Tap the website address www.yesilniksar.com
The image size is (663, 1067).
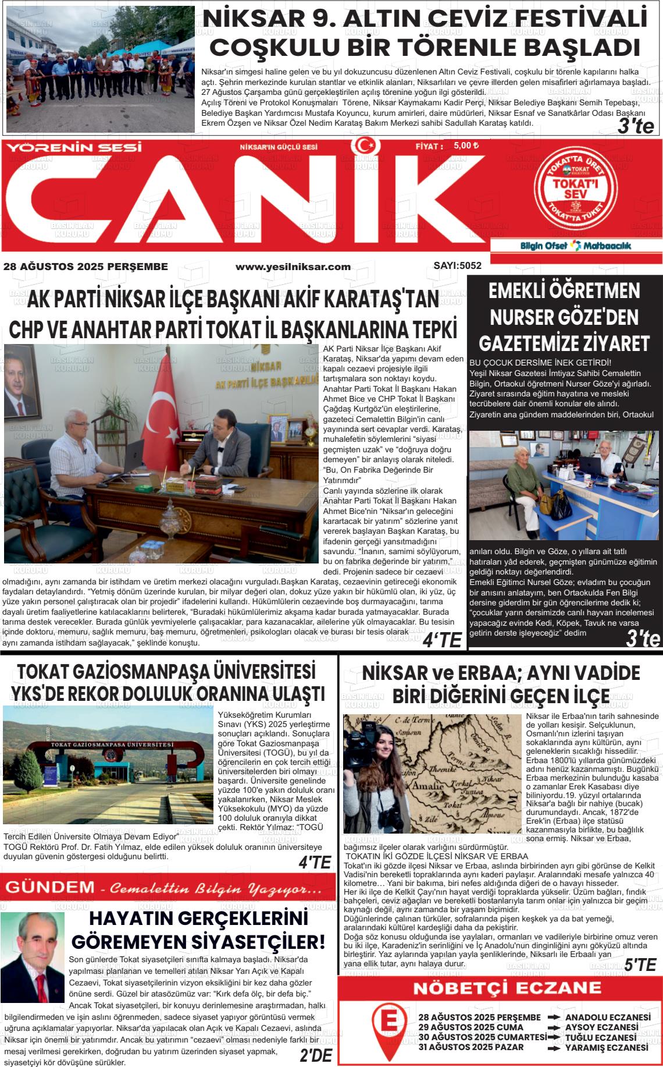(x=293, y=267)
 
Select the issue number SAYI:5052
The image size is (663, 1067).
(x=457, y=266)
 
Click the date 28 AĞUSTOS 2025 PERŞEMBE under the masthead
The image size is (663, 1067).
(x=85, y=267)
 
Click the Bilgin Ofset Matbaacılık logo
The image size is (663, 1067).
(x=575, y=246)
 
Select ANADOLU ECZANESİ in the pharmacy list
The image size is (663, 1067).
(x=607, y=1018)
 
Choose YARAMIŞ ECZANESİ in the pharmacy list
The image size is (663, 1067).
(x=606, y=1048)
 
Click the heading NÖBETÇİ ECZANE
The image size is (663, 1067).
(x=499, y=988)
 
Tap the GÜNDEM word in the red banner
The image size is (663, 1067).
(x=50, y=888)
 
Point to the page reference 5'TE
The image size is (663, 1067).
(x=640, y=965)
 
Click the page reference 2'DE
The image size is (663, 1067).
(x=316, y=1055)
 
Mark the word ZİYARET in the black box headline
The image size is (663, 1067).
(x=611, y=343)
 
